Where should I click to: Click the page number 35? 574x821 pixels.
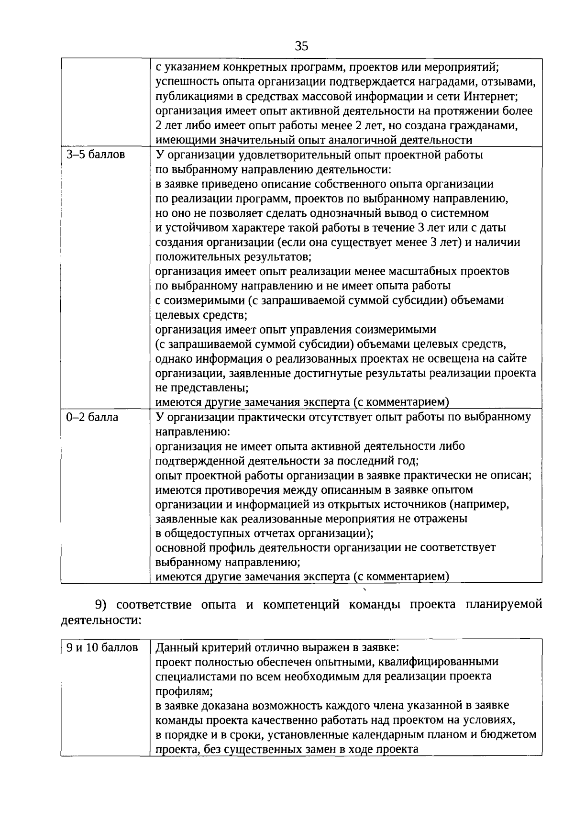click(302, 46)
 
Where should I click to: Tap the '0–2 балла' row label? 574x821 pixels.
click(93, 417)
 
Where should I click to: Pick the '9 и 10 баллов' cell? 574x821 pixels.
click(102, 648)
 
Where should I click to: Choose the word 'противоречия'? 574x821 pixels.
click(244, 490)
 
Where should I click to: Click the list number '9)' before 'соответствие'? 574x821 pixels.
click(102, 605)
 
